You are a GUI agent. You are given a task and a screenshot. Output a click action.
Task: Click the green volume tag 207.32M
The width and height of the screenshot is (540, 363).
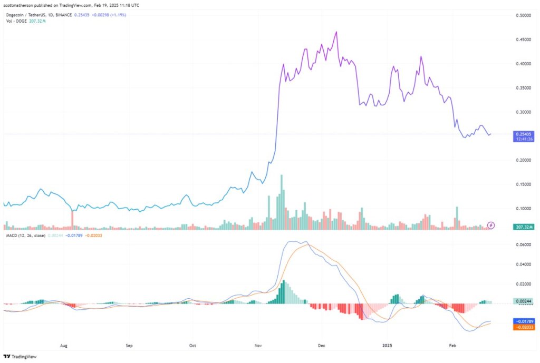(523, 227)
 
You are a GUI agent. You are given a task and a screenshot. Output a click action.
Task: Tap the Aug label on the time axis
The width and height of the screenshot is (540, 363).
(64, 346)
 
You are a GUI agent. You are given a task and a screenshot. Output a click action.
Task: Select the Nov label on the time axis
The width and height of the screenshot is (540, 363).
(258, 346)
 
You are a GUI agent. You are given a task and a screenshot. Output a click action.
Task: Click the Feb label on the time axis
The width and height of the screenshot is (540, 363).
(452, 346)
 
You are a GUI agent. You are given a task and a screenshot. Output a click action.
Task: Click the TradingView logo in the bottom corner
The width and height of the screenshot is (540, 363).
(16, 356)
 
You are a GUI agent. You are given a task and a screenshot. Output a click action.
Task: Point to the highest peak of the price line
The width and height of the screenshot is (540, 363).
(336, 32)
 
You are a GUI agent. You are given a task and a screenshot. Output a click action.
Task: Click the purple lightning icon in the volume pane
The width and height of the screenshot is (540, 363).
(491, 225)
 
